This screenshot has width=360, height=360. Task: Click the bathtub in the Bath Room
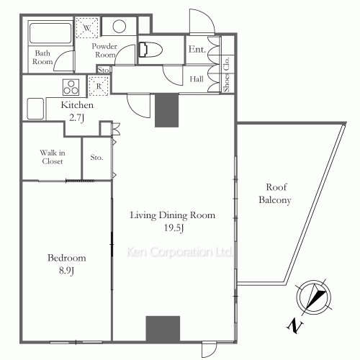click(x=50, y=33)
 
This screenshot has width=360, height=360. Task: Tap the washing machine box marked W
click(x=87, y=27)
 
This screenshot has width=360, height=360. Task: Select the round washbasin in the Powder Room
click(x=120, y=26)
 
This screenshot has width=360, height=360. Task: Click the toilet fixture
click(x=150, y=50)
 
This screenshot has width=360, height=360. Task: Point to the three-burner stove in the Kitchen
click(x=71, y=87)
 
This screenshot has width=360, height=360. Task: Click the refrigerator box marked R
click(x=99, y=86)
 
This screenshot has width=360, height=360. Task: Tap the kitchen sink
click(x=35, y=109)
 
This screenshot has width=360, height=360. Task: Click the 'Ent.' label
click(x=197, y=49)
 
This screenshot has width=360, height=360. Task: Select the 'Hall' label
click(x=197, y=79)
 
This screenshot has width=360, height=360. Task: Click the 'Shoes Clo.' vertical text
click(x=226, y=74)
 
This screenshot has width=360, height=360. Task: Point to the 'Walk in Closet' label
click(x=53, y=157)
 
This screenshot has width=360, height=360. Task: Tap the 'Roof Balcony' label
click(x=275, y=194)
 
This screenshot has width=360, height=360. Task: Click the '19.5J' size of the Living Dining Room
click(x=174, y=228)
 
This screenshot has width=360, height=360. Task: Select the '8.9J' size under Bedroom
click(x=66, y=271)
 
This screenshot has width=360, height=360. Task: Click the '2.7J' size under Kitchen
click(x=77, y=118)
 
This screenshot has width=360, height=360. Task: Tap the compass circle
click(x=314, y=297)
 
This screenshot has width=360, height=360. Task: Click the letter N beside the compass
click(x=295, y=325)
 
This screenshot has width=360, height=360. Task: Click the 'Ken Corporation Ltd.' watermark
click(x=179, y=251)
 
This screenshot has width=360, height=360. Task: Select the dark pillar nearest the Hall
click(x=167, y=110)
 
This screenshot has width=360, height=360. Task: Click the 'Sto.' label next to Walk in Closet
click(x=96, y=158)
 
